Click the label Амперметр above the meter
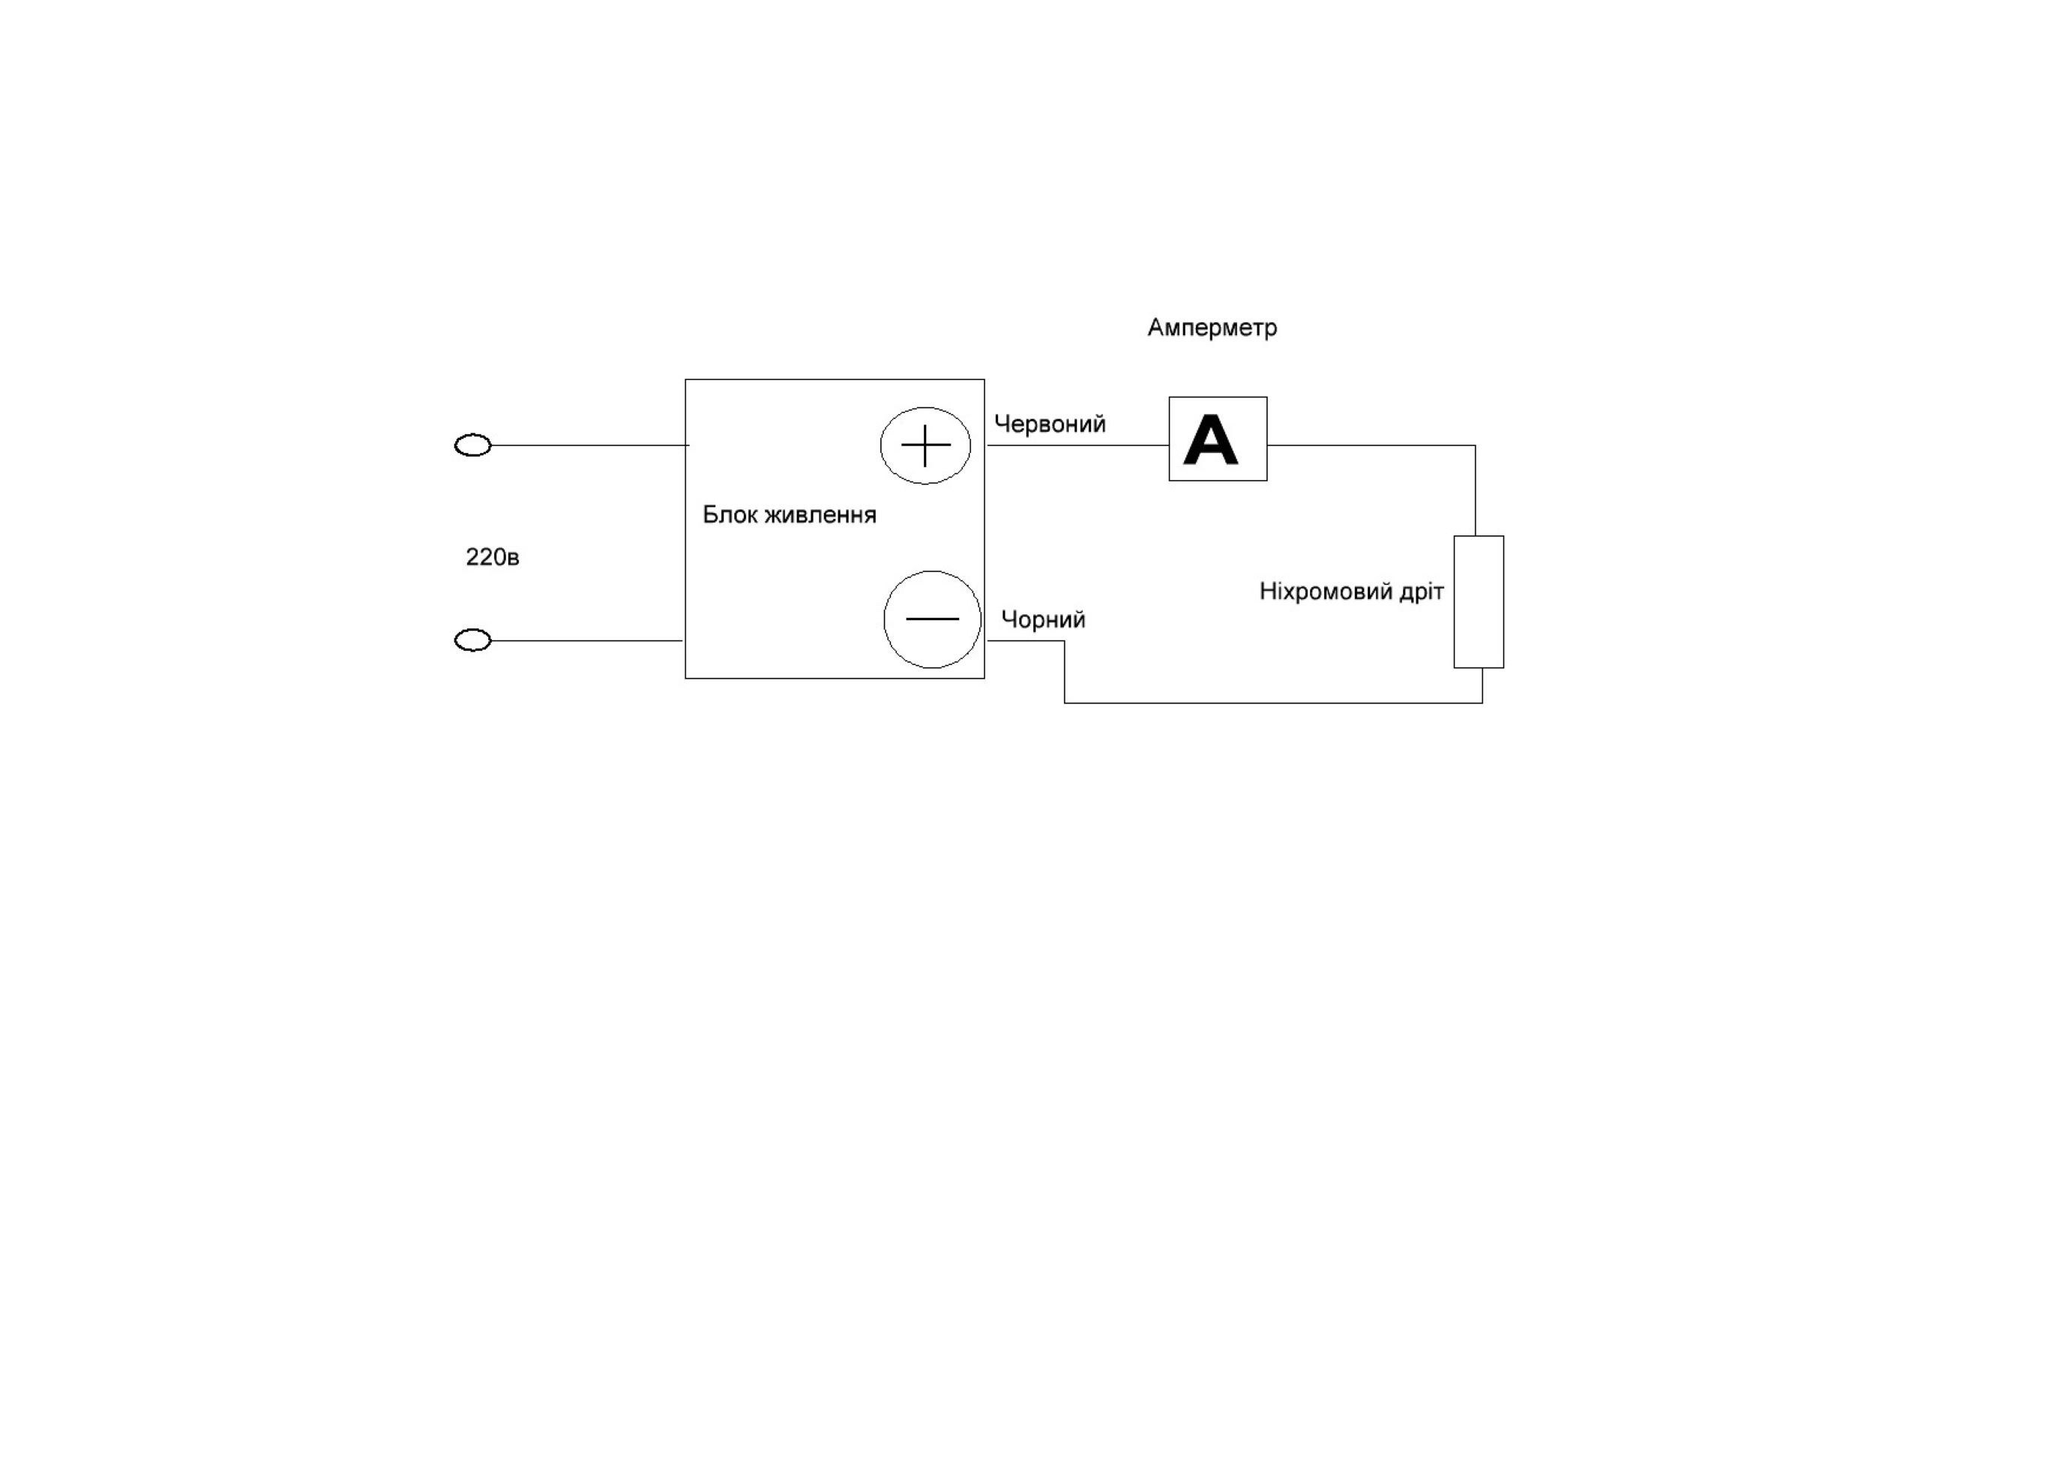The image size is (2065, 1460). point(1212,328)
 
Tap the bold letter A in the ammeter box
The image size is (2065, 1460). point(1209,440)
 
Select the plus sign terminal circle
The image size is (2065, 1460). point(925,445)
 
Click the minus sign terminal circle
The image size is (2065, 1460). point(932,619)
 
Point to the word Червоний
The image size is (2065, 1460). point(1050,424)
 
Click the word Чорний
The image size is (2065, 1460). point(1042,619)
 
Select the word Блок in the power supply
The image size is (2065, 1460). point(729,514)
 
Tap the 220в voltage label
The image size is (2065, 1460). point(492,558)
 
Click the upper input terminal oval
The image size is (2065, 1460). point(473,445)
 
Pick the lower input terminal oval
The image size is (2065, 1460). point(473,640)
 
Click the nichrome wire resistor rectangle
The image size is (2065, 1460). point(1479,602)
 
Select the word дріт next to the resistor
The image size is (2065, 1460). point(1420,592)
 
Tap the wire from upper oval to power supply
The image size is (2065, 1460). point(589,445)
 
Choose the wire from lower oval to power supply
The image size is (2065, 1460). point(586,640)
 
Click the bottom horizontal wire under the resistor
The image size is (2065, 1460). point(1272,703)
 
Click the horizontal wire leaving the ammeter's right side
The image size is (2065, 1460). point(1371,445)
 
